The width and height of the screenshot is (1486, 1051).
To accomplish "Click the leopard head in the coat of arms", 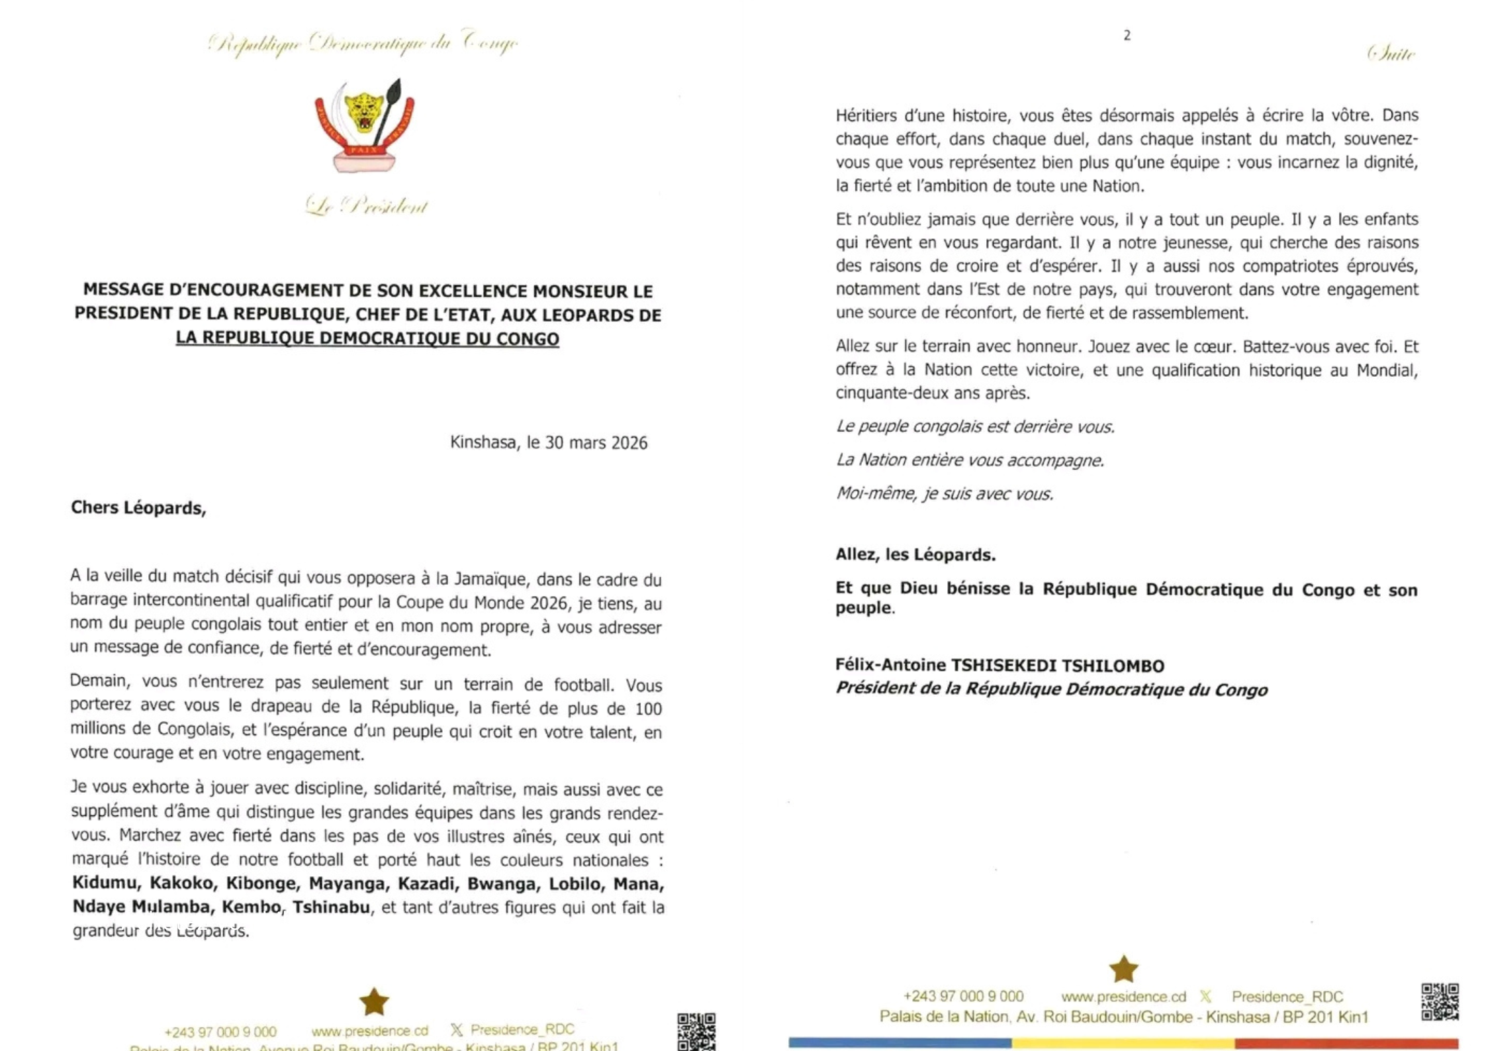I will [x=365, y=111].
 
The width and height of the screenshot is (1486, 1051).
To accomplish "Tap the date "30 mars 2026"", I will [x=596, y=442].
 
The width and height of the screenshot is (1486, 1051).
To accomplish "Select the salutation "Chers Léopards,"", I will [x=138, y=508].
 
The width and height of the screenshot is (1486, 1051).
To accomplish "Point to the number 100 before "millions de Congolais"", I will [x=648, y=709].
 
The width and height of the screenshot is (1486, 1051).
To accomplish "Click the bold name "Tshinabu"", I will [x=331, y=907].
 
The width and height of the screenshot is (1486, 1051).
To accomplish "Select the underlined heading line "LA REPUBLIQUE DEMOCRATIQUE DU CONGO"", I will [x=367, y=338].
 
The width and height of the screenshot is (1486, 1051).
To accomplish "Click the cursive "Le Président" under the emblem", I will [x=367, y=206].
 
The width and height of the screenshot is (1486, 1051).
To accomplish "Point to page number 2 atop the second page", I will [x=1127, y=35].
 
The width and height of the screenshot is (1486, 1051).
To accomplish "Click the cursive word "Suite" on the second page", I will [x=1391, y=54].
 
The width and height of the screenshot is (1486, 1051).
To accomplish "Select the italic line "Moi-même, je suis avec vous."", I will [x=944, y=493].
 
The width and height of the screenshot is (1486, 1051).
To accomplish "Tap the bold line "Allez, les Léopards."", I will [x=915, y=554].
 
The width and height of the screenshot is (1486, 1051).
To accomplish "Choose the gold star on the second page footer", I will [x=1123, y=969].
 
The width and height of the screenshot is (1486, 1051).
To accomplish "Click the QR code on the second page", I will [x=1439, y=1001].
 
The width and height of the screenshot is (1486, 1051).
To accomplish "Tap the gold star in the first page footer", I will [x=374, y=1001].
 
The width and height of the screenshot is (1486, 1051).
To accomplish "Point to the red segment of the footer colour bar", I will [x=1344, y=1043].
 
